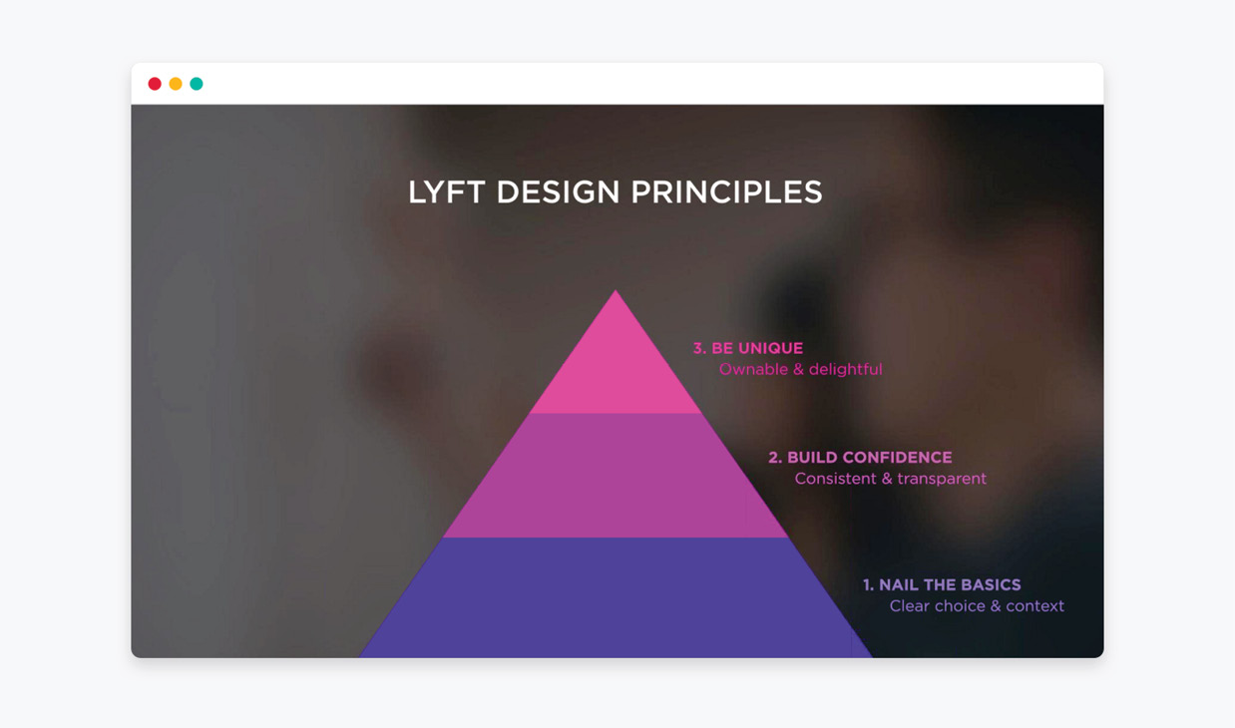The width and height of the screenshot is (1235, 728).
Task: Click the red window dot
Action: [x=155, y=84]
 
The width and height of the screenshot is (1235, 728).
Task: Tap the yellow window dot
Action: [x=176, y=84]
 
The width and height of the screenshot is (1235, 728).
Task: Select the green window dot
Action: [x=197, y=84]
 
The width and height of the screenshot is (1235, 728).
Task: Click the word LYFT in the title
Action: [x=447, y=192]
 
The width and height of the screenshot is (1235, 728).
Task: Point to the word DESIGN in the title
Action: [x=558, y=192]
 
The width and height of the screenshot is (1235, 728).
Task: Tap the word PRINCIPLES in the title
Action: [x=726, y=192]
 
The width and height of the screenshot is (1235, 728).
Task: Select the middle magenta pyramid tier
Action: [x=616, y=475]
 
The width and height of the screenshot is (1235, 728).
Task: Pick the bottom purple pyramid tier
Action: [x=616, y=597]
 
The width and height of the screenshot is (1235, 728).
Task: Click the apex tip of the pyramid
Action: [x=616, y=290]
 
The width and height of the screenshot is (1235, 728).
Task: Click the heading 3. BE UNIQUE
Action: [x=748, y=348]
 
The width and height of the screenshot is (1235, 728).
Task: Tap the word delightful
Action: [x=845, y=369]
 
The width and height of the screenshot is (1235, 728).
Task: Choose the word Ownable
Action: [x=754, y=369]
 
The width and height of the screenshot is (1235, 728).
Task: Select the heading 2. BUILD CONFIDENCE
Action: [x=860, y=458]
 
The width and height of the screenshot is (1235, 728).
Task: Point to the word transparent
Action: [x=942, y=479]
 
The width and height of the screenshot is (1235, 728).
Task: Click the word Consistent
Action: [x=835, y=479]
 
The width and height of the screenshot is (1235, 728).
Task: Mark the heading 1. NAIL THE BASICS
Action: [x=942, y=584]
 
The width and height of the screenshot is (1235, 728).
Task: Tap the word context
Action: [x=1034, y=606]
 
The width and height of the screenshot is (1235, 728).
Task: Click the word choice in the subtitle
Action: [x=960, y=606]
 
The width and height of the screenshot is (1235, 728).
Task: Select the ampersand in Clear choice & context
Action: [x=996, y=606]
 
